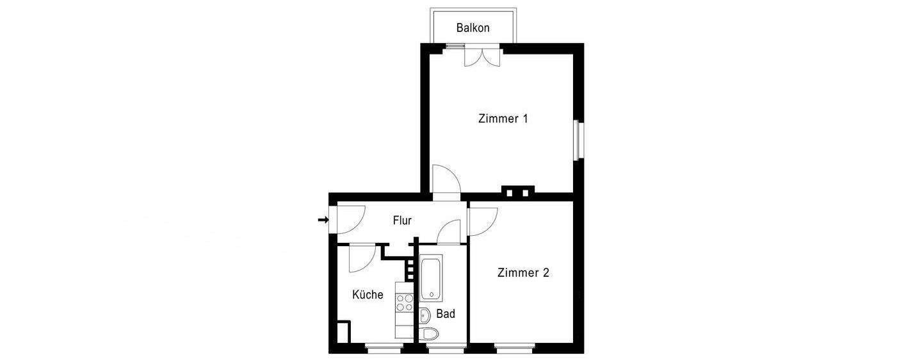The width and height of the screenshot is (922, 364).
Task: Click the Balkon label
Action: (x=473, y=28)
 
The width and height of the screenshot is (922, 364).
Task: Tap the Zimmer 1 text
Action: (x=503, y=119)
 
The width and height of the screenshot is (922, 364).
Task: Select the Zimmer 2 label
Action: (x=523, y=272)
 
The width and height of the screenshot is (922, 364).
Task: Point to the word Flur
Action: (x=402, y=220)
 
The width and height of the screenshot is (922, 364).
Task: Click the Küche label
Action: (x=368, y=295)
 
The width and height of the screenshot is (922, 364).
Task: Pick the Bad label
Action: (x=445, y=314)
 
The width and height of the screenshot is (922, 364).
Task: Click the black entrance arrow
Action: (x=323, y=220)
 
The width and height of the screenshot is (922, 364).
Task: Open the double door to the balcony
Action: (x=481, y=57)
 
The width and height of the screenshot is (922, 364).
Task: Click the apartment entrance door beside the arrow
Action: (x=350, y=220)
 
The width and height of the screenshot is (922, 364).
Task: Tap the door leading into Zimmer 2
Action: (x=483, y=220)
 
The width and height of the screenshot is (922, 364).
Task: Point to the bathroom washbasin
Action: (x=425, y=314)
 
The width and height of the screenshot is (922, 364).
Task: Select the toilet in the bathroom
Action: (x=431, y=335)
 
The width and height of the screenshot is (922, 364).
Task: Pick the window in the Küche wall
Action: (x=383, y=349)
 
